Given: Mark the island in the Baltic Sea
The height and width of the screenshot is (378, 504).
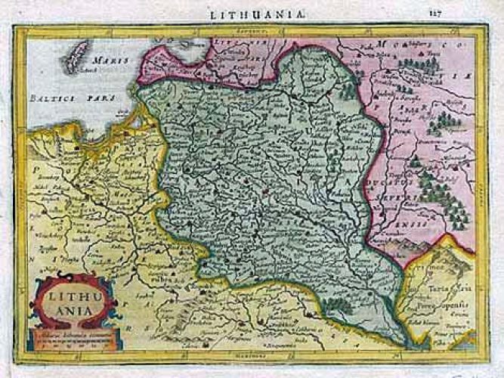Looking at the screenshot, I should pos(75,57).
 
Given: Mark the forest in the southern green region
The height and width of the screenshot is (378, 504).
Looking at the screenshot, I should pos(338,305).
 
